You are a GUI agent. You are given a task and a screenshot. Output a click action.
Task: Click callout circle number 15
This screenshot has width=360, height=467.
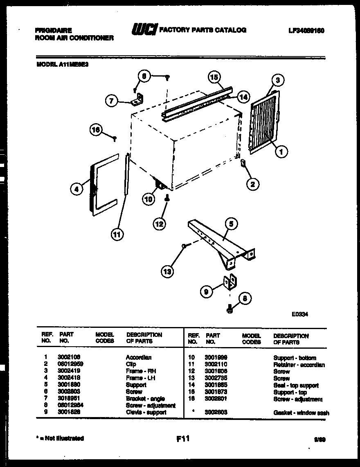click(214, 77)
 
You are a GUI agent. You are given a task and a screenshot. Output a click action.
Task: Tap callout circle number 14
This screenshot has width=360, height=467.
click(243, 97)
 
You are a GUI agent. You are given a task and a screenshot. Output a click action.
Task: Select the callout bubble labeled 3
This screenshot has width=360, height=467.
click(278, 80)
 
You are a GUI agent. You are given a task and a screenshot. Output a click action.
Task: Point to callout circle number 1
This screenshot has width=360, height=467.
click(281, 152)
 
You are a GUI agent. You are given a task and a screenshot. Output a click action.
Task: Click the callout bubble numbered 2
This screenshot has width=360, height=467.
click(252, 185)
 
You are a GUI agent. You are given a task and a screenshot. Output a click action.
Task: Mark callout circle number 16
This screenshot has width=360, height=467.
click(96, 130)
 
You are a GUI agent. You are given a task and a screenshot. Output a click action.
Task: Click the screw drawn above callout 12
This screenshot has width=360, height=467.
click(167, 198)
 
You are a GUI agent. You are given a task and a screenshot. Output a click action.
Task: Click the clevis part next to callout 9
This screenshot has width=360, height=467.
click(230, 282)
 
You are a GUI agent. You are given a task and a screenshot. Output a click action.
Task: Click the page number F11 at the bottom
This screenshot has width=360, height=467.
click(183, 439)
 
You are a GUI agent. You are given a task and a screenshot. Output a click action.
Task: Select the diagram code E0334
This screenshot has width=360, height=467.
click(300, 315)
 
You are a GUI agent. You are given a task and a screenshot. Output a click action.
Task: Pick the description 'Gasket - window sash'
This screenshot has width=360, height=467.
click(301, 413)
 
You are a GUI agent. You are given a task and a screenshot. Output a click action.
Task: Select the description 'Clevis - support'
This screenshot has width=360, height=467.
click(146, 412)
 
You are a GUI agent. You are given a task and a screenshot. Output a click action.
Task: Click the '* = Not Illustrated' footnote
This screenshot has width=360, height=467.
click(60, 438)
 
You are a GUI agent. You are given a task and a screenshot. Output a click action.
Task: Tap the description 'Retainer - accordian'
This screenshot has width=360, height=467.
click(299, 365)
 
